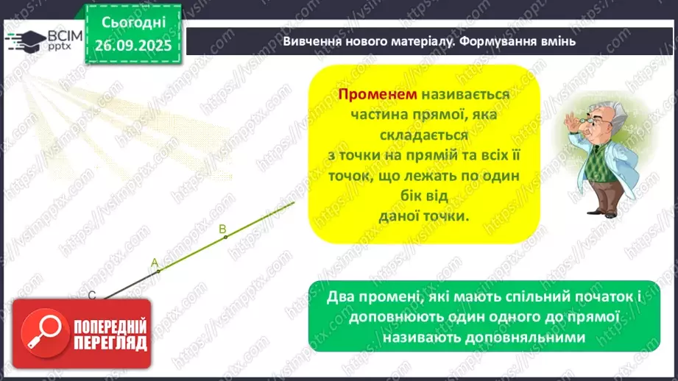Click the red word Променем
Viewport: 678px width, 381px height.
pyautogui.click(x=377, y=96)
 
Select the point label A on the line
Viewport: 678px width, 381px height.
pyautogui.click(x=155, y=262)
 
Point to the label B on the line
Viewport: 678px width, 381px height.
pyautogui.click(x=222, y=229)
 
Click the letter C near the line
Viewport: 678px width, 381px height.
pyautogui.click(x=92, y=295)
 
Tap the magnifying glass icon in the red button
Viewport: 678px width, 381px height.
pyautogui.click(x=46, y=333)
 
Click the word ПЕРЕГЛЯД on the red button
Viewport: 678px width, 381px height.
pyautogui.click(x=109, y=342)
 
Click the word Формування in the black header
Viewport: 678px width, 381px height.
pyautogui.click(x=497, y=41)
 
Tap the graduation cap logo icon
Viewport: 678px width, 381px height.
pyautogui.click(x=27, y=38)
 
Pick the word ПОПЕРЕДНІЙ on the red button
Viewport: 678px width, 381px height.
pyautogui.click(x=109, y=325)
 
